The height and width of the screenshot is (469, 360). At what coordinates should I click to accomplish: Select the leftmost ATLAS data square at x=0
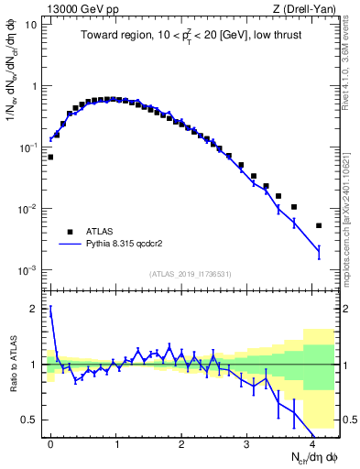click(50, 157)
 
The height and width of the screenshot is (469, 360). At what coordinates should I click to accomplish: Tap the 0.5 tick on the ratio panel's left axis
click(34, 420)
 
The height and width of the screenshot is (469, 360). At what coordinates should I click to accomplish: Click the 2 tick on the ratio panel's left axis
click(38, 309)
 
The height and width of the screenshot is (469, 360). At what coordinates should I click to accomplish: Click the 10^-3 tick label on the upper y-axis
click(29, 270)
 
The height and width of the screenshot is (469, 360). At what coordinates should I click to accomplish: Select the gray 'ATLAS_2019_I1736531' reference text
click(191, 274)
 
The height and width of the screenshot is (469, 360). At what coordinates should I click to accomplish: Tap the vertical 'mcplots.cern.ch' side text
click(352, 211)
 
